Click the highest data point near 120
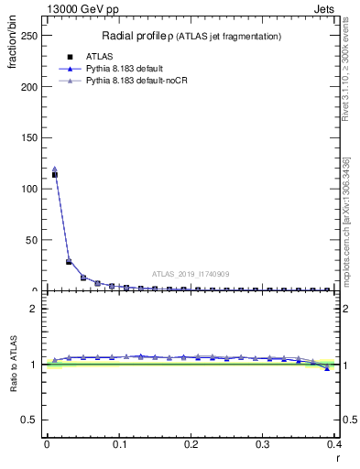point(54,169)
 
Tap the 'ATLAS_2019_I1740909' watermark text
point(191,273)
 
